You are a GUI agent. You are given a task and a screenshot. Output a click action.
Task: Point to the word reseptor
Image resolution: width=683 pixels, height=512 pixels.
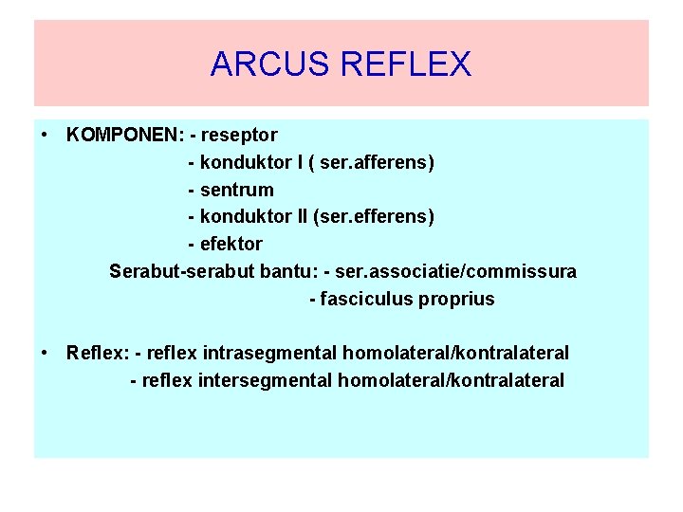tap(241, 136)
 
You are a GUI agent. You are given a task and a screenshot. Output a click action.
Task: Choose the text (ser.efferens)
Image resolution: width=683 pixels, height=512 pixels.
tap(379, 217)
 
